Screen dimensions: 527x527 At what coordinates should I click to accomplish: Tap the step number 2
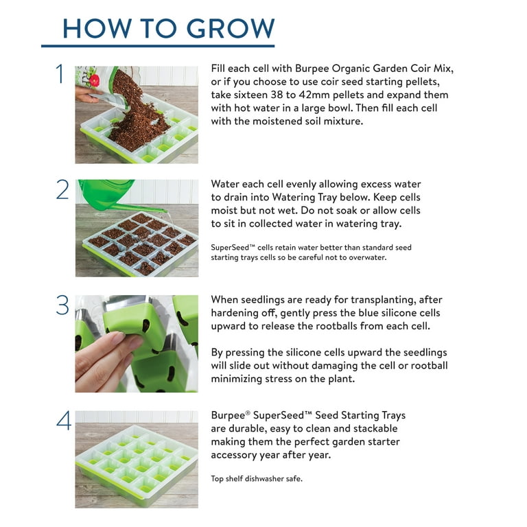[62, 189]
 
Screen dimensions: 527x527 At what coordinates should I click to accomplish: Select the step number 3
[63, 305]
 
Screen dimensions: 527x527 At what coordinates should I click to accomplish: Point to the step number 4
[63, 421]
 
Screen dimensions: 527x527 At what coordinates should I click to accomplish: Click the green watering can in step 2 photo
[110, 192]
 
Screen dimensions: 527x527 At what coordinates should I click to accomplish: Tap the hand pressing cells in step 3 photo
[103, 357]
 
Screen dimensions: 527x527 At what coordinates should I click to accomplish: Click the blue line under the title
[158, 46]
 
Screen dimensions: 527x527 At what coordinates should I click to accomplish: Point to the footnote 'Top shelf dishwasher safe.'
[257, 478]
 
